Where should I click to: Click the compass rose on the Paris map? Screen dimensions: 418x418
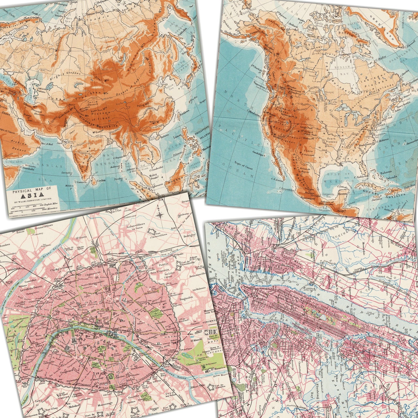click(160, 214)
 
